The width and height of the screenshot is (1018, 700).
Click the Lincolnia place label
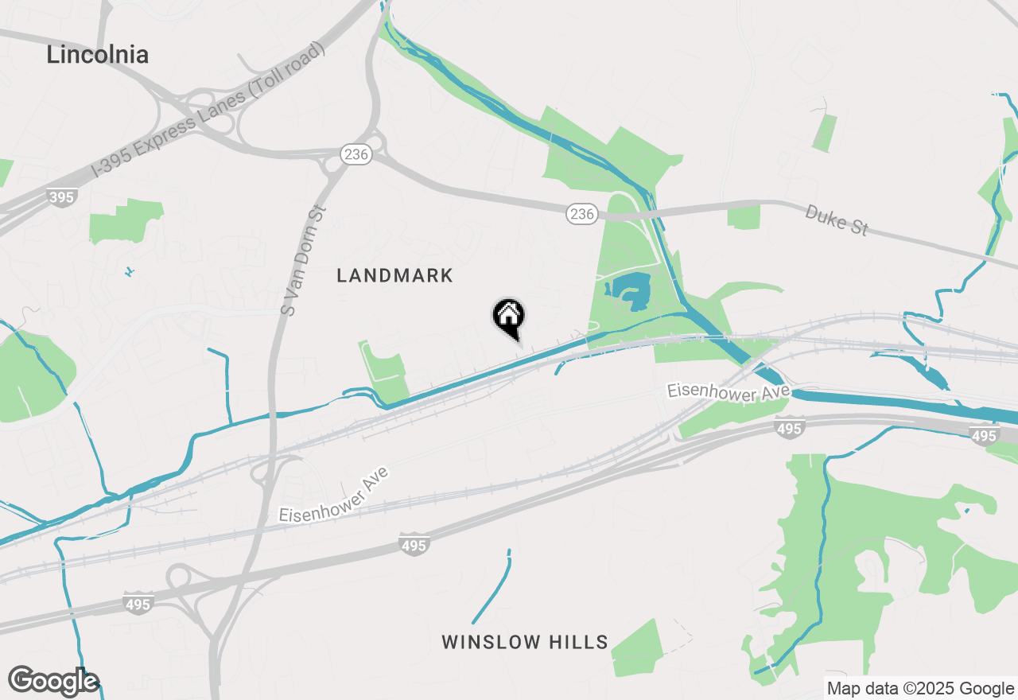(x=97, y=55)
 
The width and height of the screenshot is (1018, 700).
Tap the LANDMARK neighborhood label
(x=394, y=276)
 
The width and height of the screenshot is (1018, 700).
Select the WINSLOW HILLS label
(x=525, y=642)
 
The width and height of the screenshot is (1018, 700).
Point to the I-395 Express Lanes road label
(x=208, y=111)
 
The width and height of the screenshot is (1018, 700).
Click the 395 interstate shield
(x=62, y=196)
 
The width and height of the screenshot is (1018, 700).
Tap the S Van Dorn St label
(x=305, y=260)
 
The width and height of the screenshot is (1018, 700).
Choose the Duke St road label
(x=836, y=220)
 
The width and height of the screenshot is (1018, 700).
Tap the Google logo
(x=53, y=682)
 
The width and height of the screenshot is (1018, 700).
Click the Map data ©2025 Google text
(x=920, y=689)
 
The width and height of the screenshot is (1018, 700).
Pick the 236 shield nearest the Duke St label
(x=582, y=213)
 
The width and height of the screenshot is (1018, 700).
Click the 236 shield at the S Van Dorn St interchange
(x=356, y=154)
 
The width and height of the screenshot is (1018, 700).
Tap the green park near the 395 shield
(x=124, y=220)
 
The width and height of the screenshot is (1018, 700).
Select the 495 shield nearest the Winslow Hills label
(x=414, y=546)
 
